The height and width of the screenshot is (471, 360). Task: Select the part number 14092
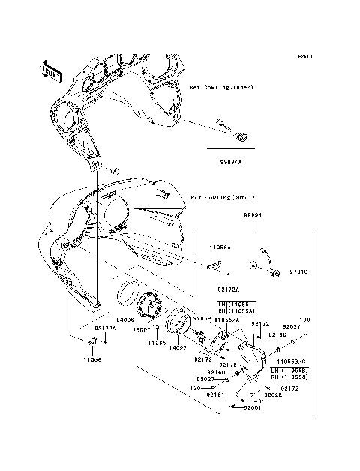(178, 348)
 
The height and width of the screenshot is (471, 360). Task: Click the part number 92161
(216, 393)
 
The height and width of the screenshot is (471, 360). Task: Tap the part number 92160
(216, 371)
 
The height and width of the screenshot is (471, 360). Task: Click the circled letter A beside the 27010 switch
(254, 266)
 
